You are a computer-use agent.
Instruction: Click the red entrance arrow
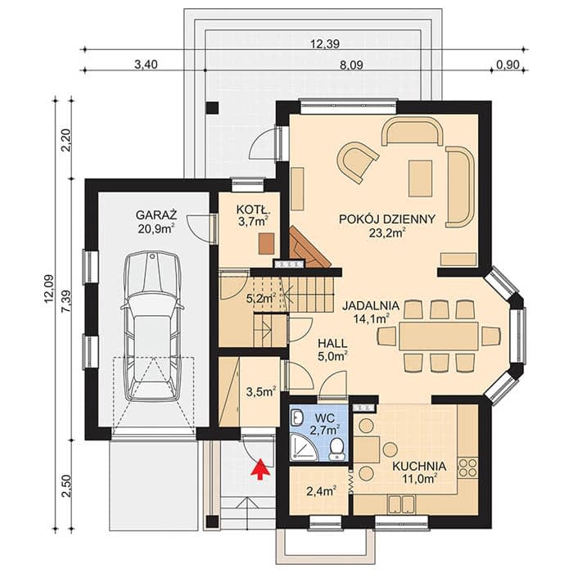coord(259,469)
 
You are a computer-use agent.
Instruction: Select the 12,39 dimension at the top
coord(325,44)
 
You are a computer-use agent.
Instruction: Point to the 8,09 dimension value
coord(351,65)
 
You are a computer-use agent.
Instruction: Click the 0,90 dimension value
coord(508,65)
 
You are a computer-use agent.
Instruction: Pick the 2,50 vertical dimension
coord(65,486)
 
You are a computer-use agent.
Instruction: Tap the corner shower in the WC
coord(303,447)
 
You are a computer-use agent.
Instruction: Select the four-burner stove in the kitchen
coord(467,467)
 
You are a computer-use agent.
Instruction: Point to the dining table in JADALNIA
coord(439,336)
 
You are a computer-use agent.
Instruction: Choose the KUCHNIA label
coord(419,467)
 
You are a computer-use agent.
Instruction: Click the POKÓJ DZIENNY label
coord(387,219)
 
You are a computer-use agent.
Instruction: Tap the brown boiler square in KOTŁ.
coord(266,243)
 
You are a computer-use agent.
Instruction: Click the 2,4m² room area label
coord(322,491)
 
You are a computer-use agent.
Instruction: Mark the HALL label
coord(332,344)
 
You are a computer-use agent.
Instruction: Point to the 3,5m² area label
coord(260,392)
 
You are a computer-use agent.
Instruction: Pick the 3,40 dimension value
coord(147,65)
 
